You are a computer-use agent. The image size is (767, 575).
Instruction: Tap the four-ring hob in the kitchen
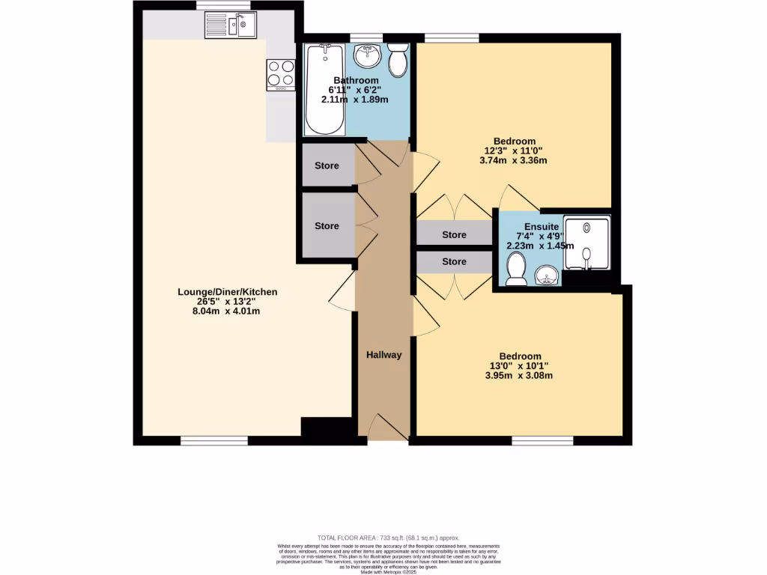(280, 73)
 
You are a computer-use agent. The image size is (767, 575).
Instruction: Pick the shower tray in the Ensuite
(587, 244)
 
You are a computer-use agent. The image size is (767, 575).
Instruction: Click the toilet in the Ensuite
(516, 269)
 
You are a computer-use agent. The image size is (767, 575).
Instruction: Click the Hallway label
(383, 355)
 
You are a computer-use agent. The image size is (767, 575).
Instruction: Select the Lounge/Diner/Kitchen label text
(227, 292)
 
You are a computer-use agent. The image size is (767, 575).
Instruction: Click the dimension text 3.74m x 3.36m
(514, 160)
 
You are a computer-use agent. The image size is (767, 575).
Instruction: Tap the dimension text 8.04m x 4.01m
(228, 311)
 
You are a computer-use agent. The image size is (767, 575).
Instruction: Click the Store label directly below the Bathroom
(327, 166)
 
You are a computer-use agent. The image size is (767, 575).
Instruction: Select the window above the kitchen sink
(223, 5)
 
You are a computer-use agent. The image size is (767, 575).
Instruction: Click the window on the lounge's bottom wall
(214, 441)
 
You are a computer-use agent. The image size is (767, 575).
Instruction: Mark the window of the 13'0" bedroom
(542, 441)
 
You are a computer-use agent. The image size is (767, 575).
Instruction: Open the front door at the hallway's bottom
(384, 428)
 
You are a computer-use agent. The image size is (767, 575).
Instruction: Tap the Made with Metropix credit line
(389, 572)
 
